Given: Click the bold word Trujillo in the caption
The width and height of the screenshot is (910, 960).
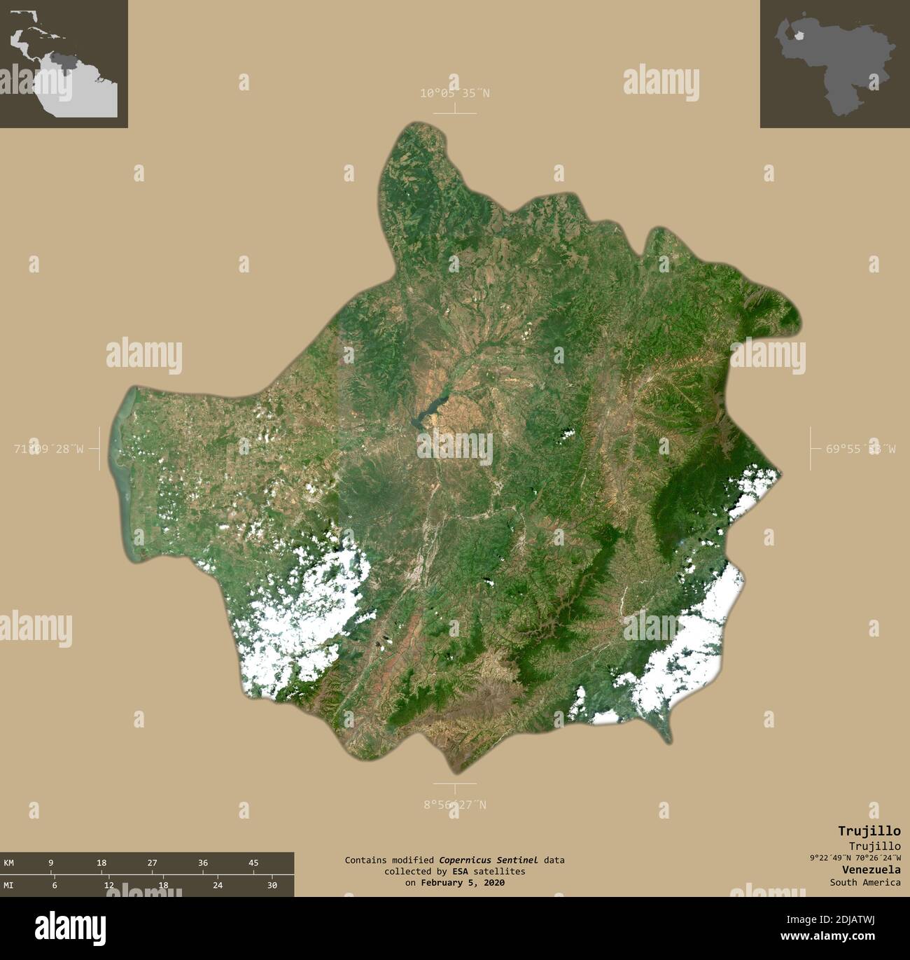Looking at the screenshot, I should [869, 831].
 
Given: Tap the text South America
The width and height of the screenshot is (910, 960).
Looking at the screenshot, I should [865, 882].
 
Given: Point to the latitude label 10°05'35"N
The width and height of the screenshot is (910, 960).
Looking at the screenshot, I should [455, 93].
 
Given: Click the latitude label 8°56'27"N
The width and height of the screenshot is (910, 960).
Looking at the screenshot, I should [455, 805].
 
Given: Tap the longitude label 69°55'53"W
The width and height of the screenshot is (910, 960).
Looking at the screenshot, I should [860, 449].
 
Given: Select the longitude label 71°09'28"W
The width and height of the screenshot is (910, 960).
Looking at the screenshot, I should [48, 449].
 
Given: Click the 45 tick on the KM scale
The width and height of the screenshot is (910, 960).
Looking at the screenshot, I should [253, 863].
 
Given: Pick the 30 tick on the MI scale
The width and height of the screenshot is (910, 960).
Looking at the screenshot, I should [272, 886].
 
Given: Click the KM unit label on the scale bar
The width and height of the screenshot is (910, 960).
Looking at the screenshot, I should [9, 863].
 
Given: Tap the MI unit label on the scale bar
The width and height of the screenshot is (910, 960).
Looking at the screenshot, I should [9, 886].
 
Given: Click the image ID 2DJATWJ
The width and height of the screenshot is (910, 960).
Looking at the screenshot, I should [868, 920].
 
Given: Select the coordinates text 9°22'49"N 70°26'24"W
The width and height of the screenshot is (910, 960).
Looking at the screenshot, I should [855, 858].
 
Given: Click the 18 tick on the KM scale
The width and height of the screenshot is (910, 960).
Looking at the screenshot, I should [101, 863].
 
